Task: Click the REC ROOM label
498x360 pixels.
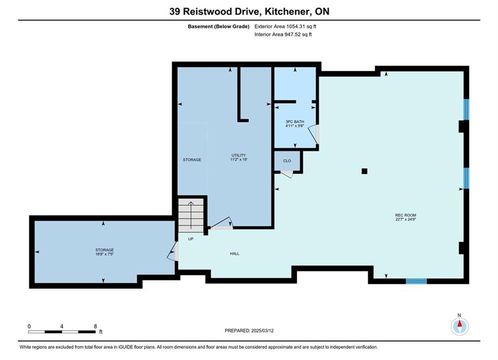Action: coord(405,215)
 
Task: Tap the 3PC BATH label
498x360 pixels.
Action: coord(295,121)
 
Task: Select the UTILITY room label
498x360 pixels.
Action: coord(239,155)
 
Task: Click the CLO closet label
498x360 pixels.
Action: coord(287,161)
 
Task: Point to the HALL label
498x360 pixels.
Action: coord(235,253)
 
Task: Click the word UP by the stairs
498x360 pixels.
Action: coord(191,239)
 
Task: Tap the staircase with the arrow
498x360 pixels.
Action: coord(191,215)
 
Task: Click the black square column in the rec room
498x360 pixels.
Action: coord(364,171)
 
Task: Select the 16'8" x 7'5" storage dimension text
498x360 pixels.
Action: coord(105,254)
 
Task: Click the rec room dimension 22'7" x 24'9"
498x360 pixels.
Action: coord(405,219)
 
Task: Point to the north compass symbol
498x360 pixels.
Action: coord(459,325)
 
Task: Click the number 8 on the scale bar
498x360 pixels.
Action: coord(95,326)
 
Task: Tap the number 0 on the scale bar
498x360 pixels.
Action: coord(29,326)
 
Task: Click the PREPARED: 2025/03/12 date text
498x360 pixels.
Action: coord(249,330)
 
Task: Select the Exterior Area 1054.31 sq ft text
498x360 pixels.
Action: coord(285,26)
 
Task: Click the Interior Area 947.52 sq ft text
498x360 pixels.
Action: coord(283,34)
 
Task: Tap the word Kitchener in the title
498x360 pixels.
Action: coord(287,11)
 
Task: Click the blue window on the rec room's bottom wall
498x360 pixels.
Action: coord(416,281)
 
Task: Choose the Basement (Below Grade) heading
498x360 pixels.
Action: coord(219,26)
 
